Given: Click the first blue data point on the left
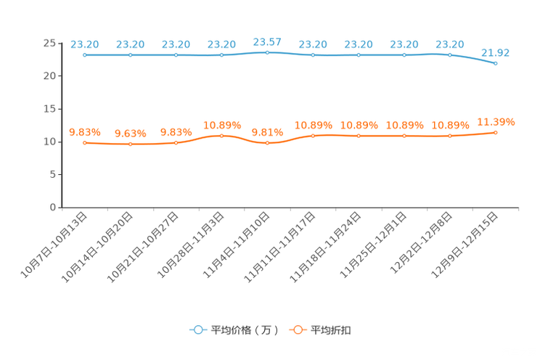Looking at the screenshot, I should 85,55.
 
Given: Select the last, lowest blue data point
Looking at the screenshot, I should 496,64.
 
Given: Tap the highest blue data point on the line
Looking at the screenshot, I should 268,52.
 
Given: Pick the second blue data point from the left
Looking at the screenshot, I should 131,55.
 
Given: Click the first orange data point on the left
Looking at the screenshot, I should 85,143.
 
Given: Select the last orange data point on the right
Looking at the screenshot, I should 496,132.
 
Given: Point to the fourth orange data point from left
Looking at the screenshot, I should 222,136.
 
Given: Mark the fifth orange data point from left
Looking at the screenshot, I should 268,143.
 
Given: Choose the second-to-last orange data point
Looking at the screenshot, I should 450,136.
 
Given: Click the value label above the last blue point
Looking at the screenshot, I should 496,52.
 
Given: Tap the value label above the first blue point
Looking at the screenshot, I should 85,44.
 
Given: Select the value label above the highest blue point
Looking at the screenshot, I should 268,41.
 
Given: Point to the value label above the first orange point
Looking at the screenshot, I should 85,132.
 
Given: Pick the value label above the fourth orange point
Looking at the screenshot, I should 222,125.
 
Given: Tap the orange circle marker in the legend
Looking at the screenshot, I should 297,330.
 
